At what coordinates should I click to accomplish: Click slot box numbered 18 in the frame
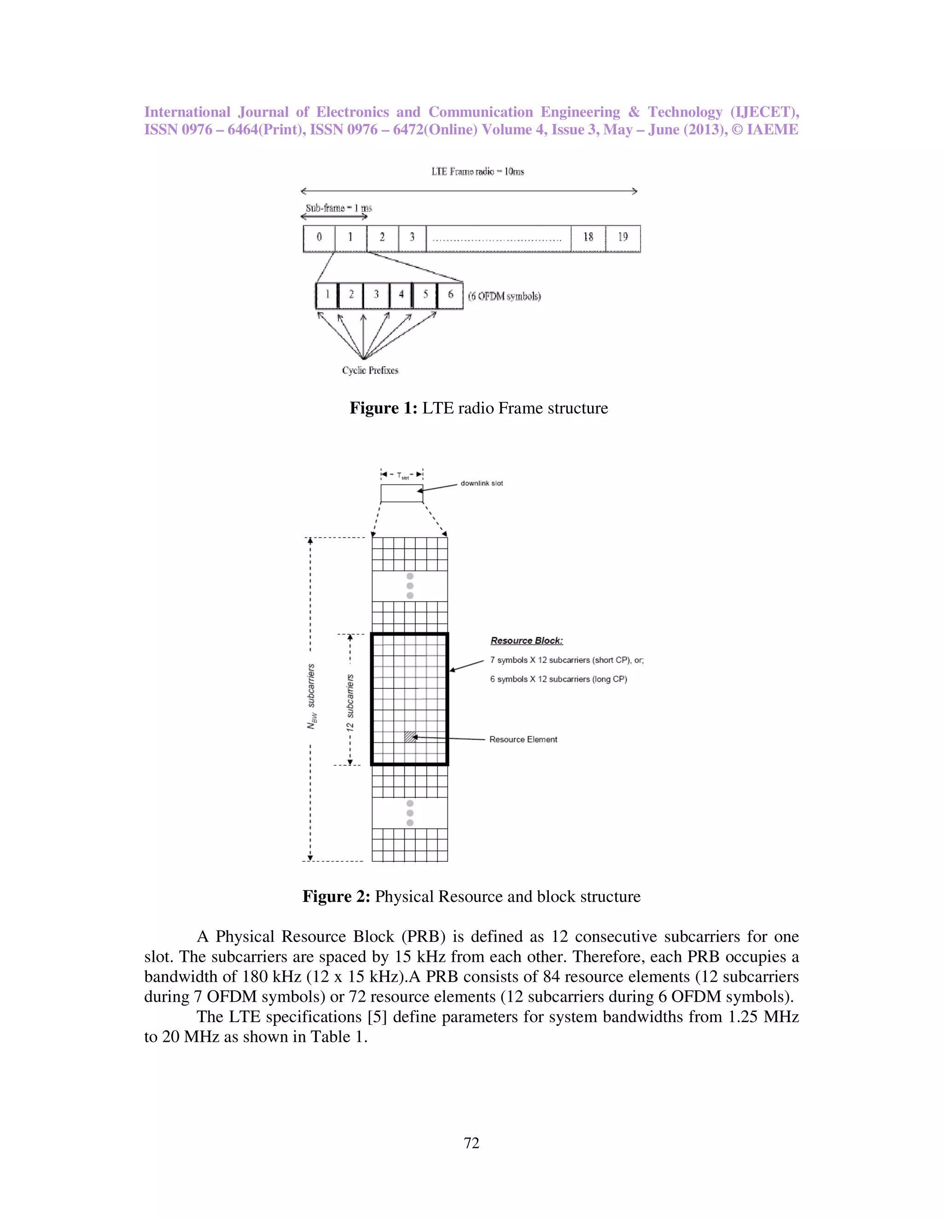588,238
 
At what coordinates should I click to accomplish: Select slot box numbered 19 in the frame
623,238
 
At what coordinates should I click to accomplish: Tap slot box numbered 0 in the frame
319,238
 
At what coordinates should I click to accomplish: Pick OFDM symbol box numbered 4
401,296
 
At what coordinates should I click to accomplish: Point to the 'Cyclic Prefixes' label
370,370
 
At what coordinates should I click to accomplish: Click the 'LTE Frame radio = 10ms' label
477,172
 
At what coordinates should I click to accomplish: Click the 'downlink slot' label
482,483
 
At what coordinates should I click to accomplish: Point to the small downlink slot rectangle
402,493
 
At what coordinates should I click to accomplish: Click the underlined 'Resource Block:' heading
527,641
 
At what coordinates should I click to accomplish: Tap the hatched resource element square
410,737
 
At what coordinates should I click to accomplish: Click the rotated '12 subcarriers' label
350,703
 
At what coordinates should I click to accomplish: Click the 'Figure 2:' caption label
336,896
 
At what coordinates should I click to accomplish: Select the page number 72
471,1143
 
